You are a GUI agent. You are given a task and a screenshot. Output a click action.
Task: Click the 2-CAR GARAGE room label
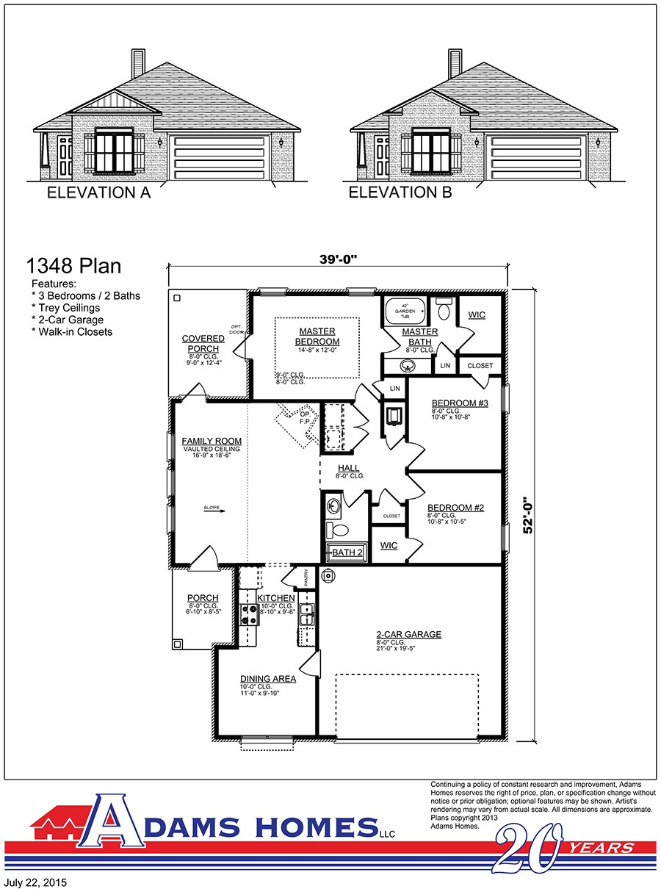point(408,635)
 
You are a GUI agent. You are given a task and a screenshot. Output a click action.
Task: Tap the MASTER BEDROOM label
point(317,336)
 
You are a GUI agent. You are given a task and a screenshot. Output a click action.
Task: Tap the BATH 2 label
point(347,553)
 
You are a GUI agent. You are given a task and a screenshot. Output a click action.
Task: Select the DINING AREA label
point(268,679)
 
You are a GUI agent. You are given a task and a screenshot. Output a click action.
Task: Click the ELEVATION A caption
point(98,193)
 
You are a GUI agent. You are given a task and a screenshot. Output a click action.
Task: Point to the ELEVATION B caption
point(400,193)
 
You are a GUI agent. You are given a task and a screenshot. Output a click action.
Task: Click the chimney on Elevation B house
point(455,62)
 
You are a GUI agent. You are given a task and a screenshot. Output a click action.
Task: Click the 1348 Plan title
point(73,265)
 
